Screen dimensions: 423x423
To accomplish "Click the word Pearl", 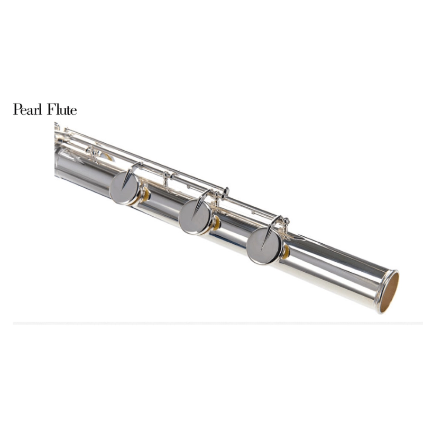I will [x=28, y=110].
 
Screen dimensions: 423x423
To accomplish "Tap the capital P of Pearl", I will [x=17, y=110].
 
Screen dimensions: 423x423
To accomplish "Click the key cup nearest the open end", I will [x=263, y=247].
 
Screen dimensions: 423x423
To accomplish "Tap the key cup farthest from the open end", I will [x=125, y=187].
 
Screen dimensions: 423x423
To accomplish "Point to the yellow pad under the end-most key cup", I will [x=286, y=252].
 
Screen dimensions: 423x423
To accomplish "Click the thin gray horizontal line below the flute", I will [x=212, y=322].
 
